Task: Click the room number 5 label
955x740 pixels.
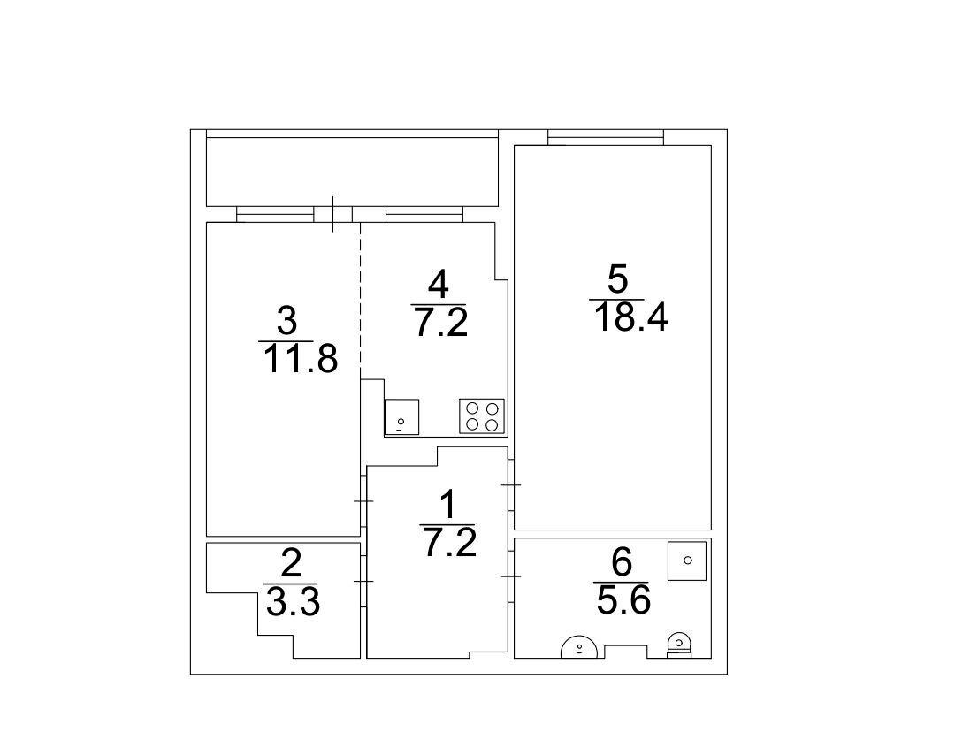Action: (x=617, y=281)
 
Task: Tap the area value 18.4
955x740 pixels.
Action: (x=631, y=317)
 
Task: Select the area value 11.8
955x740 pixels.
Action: (x=300, y=359)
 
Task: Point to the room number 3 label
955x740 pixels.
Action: (x=286, y=321)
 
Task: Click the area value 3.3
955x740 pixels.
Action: (x=293, y=602)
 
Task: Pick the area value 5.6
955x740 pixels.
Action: (x=623, y=600)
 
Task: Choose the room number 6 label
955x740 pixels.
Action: (x=622, y=562)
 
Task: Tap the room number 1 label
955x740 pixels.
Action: (x=447, y=506)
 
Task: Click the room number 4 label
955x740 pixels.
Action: (x=439, y=285)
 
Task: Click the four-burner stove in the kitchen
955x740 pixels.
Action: (x=482, y=416)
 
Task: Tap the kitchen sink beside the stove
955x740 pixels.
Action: (x=401, y=416)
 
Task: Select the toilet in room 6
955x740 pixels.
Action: (x=678, y=645)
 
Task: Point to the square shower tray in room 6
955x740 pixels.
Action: (x=687, y=561)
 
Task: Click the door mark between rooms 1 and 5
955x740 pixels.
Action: (x=511, y=484)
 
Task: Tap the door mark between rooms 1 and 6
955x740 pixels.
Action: (x=511, y=576)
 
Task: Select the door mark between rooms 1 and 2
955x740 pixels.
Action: (x=363, y=581)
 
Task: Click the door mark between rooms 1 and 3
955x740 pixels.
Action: (x=363, y=500)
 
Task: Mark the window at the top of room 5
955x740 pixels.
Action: (x=606, y=137)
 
